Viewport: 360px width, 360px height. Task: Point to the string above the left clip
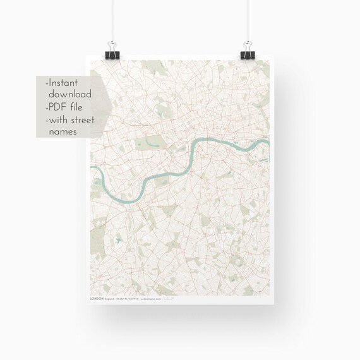(114, 19)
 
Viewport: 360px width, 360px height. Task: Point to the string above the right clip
(246, 19)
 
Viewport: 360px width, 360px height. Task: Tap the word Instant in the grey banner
(67, 82)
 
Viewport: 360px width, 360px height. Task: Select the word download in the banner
(69, 94)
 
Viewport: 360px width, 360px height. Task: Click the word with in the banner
(61, 119)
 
